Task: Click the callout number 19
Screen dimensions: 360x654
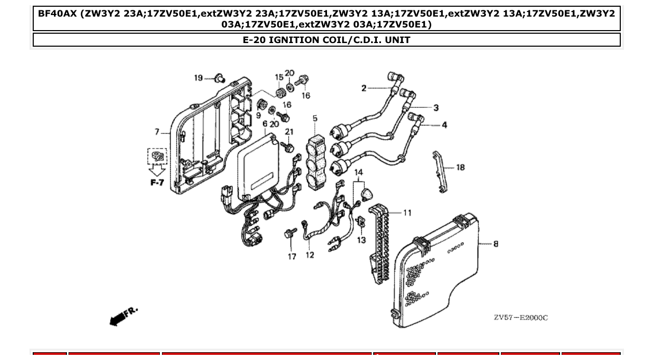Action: [x=198, y=78]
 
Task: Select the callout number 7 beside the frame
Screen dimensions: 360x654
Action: [x=157, y=131]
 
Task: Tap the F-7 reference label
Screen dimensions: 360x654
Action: [x=157, y=183]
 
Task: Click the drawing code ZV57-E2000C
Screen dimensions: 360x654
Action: [x=520, y=317]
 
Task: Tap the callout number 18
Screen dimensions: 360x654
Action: [x=460, y=168]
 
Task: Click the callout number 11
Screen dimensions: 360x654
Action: [x=407, y=213]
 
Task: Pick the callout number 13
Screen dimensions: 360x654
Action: [x=361, y=240]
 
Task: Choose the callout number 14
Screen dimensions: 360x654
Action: [x=359, y=172]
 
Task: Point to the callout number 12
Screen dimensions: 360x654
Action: [x=310, y=255]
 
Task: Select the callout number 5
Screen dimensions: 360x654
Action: [x=315, y=119]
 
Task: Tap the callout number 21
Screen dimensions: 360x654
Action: [x=289, y=132]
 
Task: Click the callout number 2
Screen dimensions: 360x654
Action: [x=364, y=88]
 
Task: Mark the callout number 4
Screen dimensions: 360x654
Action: [x=444, y=125]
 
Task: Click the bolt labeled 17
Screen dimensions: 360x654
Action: [x=290, y=234]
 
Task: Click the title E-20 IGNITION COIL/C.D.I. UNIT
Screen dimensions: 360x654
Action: [x=326, y=40]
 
